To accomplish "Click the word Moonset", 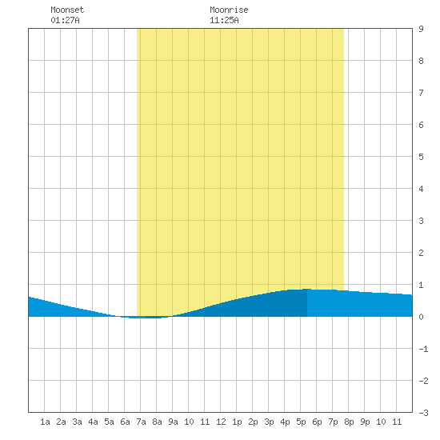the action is point(67,10).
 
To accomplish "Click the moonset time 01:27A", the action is point(65,20).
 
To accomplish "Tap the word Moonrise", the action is point(229,10).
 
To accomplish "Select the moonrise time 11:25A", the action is point(224,20).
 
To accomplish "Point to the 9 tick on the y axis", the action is point(421,29).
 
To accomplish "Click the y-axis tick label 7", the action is point(421,93).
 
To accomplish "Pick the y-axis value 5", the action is point(421,157).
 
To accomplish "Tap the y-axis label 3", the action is point(421,221).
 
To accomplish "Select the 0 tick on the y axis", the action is point(421,317).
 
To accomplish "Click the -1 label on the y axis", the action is point(423,349).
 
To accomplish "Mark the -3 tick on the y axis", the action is point(423,413).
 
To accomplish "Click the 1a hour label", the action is point(45,422).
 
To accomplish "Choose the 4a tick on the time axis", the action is point(93,422).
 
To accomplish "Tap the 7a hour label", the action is point(141,422).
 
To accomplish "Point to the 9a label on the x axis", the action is point(173,422).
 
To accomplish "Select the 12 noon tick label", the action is point(221,422).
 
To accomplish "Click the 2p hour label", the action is point(253,422).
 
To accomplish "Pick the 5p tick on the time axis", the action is point(301,422).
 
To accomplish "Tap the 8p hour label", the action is point(349,422).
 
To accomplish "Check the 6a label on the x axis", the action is point(125,422).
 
